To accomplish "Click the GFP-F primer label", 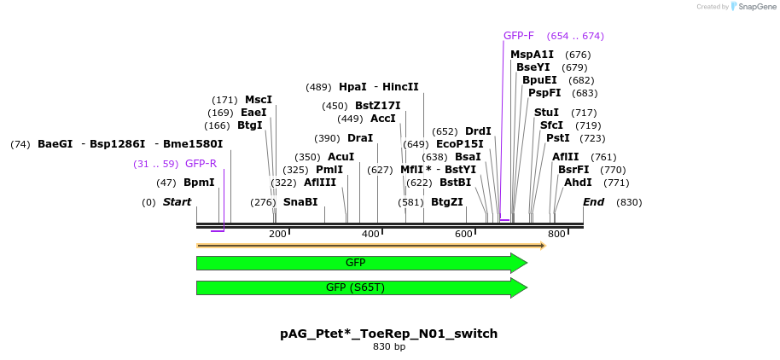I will (518, 36).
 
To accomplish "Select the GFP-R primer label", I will (201, 164).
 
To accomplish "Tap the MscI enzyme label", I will (259, 100).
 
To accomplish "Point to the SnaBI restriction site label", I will (300, 202).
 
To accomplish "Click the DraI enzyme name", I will (360, 138).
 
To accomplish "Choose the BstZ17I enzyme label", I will (377, 106).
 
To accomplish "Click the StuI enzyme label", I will (546, 113).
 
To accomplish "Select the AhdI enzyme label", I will (578, 183).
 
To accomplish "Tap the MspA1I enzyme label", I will (532, 55).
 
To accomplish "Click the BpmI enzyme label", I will (199, 183).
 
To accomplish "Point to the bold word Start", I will (177, 202).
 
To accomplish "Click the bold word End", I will (593, 202).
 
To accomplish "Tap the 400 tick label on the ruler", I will (370, 235).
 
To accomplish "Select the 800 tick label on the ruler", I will (556, 235).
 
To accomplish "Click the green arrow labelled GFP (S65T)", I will (362, 287).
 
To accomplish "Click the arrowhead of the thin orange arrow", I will (542, 246).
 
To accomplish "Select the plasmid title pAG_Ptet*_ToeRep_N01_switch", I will (389, 334).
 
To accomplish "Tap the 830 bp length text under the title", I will (389, 346).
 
